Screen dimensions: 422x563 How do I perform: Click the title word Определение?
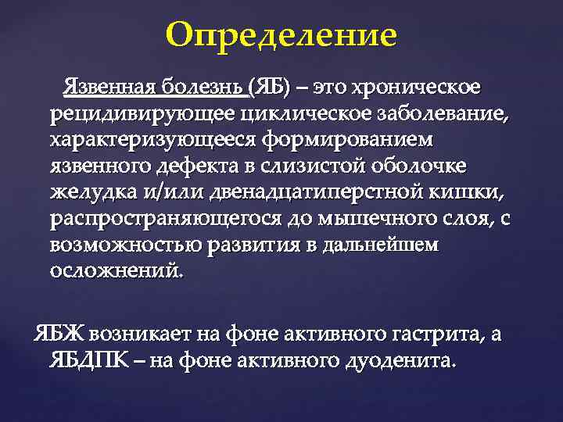click(x=281, y=36)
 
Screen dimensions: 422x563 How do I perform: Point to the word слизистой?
click(x=329, y=167)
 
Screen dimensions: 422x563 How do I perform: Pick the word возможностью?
click(x=127, y=245)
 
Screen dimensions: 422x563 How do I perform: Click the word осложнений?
click(x=117, y=270)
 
